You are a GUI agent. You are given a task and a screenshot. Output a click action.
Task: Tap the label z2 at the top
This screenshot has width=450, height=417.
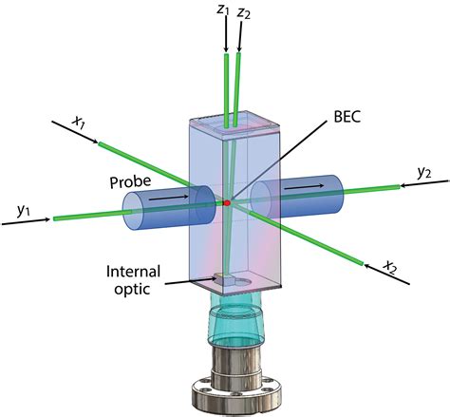click(x=245, y=12)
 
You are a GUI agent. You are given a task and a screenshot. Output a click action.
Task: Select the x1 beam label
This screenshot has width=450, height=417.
click(x=79, y=122)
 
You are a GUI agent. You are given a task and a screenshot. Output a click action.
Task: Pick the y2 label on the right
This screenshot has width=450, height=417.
click(x=424, y=172)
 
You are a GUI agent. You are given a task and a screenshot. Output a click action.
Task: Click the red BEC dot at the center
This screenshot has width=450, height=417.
click(x=227, y=202)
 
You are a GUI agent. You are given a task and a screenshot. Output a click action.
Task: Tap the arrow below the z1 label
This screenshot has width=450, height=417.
click(x=226, y=36)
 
